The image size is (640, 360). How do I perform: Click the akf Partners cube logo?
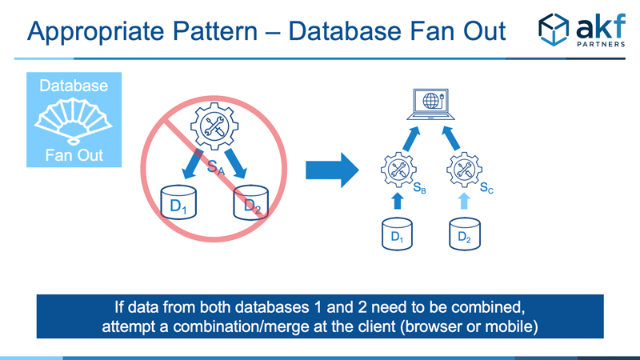pos(553,30)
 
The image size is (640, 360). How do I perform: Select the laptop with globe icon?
pos(430,104)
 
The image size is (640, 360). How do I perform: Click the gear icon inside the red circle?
pos(214,126)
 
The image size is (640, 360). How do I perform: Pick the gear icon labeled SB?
pos(398,170)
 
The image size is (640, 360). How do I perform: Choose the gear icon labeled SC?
pos(464,170)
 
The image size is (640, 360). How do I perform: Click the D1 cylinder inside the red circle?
pos(178,202)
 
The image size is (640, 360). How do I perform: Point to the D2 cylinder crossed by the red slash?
pos(250,202)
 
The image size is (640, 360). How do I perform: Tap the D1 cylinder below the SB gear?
pos(397,234)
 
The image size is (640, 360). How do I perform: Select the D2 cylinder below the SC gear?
pos(465,234)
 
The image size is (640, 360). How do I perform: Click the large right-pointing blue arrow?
pos(332,170)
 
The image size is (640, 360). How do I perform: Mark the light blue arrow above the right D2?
pos(464,201)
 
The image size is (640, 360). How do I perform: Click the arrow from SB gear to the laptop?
pos(411,138)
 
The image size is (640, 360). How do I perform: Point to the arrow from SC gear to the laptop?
pos(451,138)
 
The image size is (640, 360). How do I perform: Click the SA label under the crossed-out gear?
pos(215,167)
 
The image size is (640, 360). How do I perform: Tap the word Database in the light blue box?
pos(74,86)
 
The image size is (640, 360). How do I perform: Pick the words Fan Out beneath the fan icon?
pos(74,155)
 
